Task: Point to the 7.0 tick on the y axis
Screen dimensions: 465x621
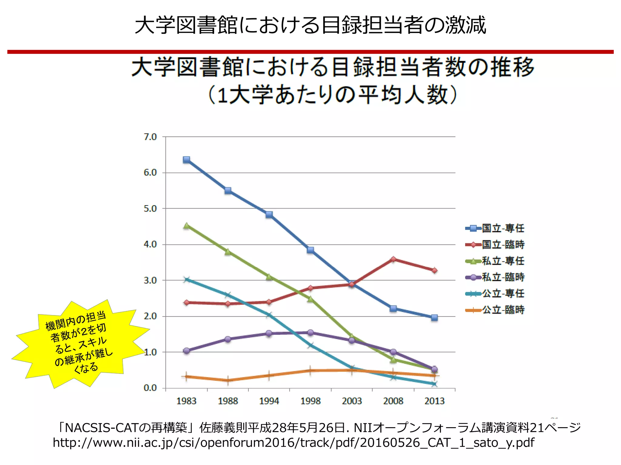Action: click(150, 137)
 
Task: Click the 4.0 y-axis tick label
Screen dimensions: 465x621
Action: click(150, 244)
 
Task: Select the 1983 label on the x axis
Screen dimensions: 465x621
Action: click(186, 401)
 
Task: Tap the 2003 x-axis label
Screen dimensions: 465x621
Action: click(352, 401)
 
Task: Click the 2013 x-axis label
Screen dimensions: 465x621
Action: click(434, 401)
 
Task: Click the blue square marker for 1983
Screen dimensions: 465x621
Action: click(186, 160)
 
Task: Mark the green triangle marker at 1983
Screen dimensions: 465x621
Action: click(186, 226)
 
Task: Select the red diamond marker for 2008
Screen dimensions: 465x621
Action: click(393, 259)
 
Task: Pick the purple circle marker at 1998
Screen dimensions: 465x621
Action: click(310, 333)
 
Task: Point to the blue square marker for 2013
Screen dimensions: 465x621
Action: click(434, 318)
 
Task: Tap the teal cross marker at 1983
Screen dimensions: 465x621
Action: click(186, 279)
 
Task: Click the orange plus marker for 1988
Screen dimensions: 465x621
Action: click(228, 381)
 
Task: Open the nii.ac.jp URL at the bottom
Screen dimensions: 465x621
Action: click(293, 443)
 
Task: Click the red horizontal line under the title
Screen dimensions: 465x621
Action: click(310, 52)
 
